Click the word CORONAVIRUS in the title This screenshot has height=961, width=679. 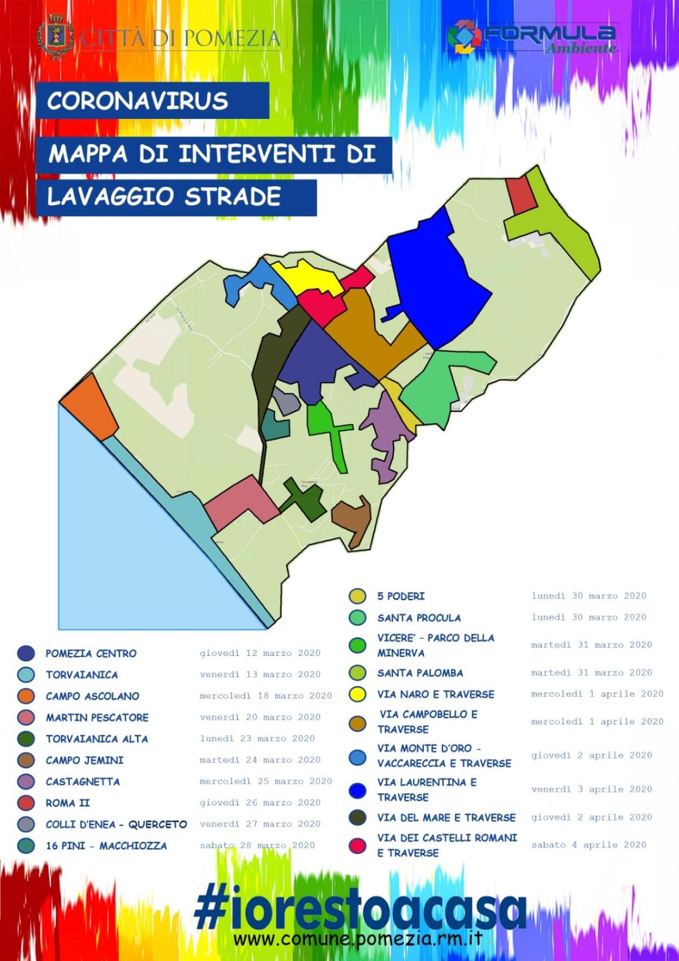tap(138, 101)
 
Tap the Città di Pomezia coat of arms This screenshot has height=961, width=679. tap(54, 38)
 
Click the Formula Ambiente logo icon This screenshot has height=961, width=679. tap(465, 37)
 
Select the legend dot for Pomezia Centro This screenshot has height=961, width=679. tap(26, 653)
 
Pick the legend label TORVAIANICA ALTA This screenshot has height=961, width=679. tap(97, 739)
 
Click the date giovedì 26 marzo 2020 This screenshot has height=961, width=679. tap(260, 803)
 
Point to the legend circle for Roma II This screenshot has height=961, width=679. tap(26, 803)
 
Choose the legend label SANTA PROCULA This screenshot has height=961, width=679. tap(419, 617)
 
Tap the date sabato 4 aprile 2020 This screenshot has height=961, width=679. tap(588, 844)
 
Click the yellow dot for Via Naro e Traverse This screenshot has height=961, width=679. tap(358, 694)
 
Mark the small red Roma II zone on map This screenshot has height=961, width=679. tap(519, 195)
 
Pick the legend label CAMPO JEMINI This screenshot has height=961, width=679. tap(84, 760)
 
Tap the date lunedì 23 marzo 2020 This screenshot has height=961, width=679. tap(257, 739)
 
